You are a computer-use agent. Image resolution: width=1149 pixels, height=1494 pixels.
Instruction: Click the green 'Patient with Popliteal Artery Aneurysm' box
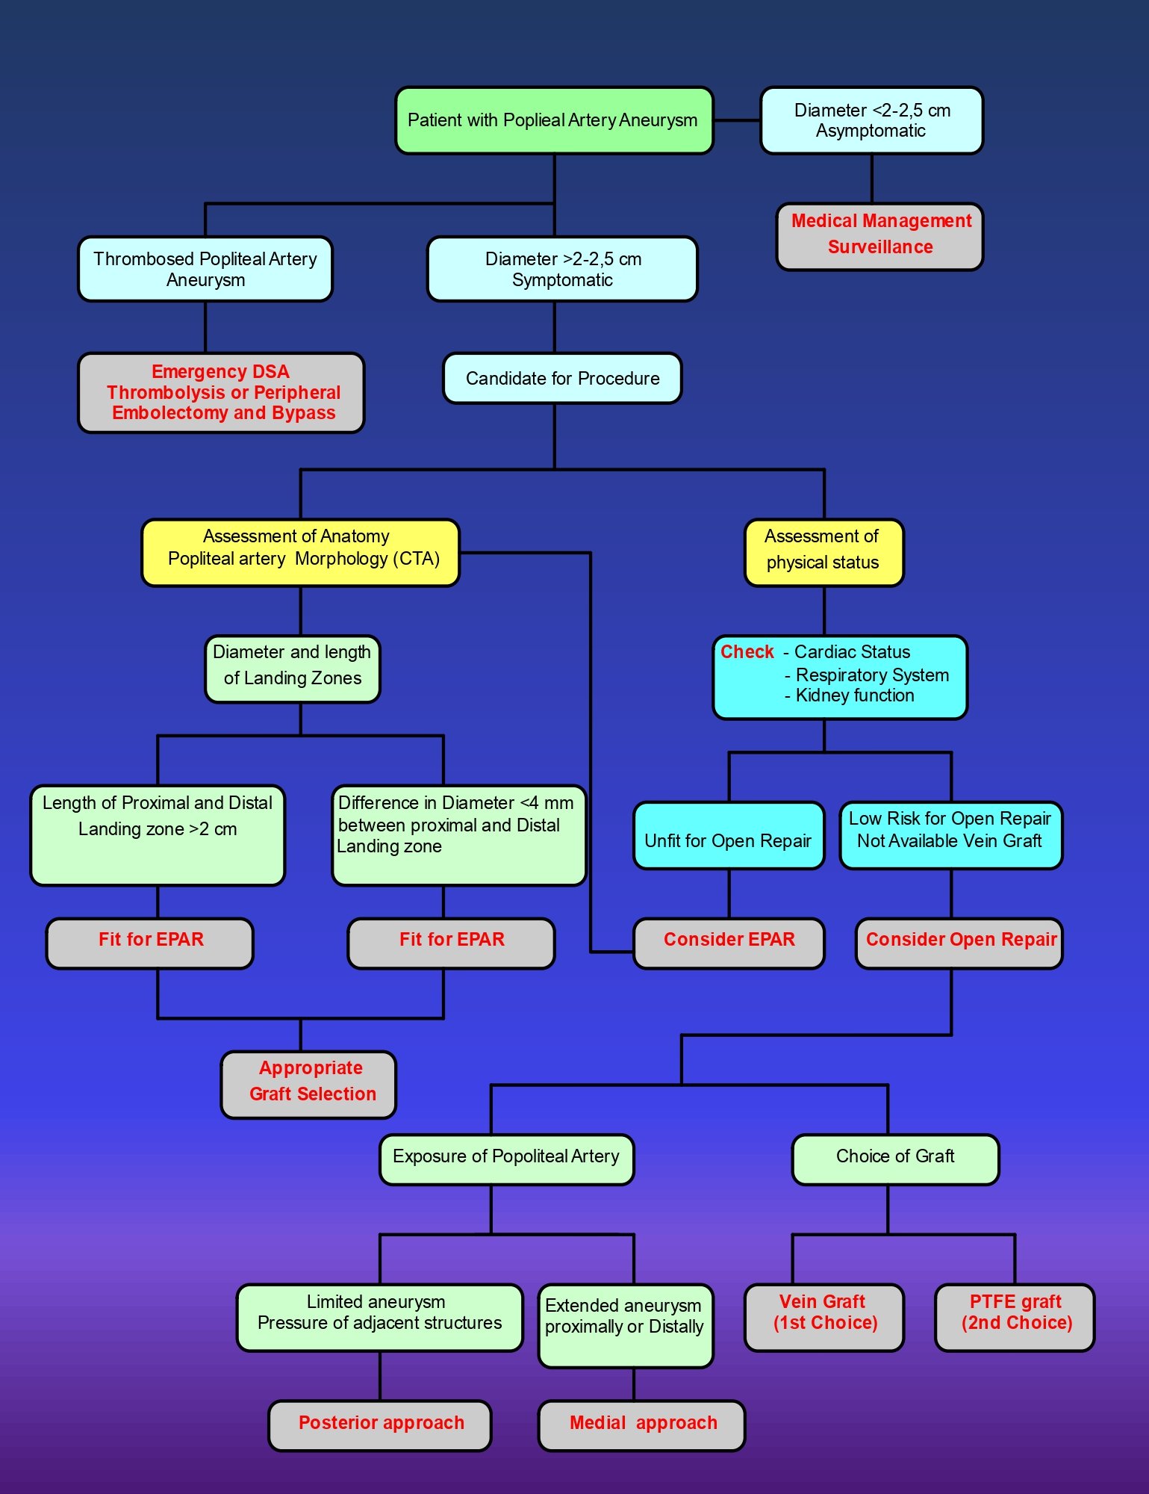(x=554, y=120)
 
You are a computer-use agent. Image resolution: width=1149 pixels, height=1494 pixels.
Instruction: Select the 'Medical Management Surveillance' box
(x=879, y=236)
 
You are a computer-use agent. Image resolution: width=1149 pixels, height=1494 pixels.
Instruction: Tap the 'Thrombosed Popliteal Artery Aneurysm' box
(x=205, y=269)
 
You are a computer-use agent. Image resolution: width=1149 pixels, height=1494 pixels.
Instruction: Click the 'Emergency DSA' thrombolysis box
(x=221, y=393)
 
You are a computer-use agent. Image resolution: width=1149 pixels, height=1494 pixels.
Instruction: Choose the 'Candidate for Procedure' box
(x=562, y=378)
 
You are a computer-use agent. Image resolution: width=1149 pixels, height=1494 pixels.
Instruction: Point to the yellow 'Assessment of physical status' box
(x=823, y=553)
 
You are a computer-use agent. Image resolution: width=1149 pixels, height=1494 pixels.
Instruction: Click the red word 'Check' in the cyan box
(x=747, y=652)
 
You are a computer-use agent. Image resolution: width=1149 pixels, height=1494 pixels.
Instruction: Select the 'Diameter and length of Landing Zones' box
(x=293, y=669)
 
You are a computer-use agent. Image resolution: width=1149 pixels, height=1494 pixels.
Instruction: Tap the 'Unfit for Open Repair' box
(x=729, y=836)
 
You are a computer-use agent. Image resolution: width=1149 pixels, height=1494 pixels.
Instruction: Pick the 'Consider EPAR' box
(x=729, y=943)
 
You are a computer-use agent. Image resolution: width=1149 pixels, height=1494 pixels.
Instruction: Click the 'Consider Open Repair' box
(x=959, y=943)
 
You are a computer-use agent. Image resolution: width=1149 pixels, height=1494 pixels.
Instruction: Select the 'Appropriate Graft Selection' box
(x=308, y=1085)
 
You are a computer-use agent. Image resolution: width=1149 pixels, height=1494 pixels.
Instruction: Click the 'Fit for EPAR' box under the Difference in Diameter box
(x=451, y=943)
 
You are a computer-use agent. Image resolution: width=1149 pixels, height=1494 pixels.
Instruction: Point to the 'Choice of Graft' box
(x=895, y=1159)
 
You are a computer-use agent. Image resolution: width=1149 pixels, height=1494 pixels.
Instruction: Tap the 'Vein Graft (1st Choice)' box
(x=824, y=1318)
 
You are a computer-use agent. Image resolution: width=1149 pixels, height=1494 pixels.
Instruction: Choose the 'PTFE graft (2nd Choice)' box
(x=1015, y=1318)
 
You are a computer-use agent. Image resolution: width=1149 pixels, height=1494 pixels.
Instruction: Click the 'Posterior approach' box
(x=379, y=1425)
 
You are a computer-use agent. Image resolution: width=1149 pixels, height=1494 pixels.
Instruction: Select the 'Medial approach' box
(x=641, y=1425)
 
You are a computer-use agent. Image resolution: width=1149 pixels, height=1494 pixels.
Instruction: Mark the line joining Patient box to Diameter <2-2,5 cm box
(x=737, y=120)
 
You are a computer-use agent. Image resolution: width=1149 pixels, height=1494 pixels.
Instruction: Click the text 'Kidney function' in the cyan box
(x=855, y=695)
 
